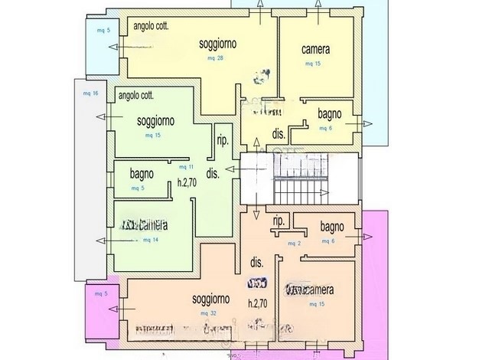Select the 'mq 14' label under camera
[x=151, y=240]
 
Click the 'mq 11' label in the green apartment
[x=184, y=166]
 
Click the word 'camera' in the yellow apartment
[x=315, y=50]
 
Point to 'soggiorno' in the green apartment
[x=155, y=121]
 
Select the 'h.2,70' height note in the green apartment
[x=188, y=183]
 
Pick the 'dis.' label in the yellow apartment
[x=279, y=133]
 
